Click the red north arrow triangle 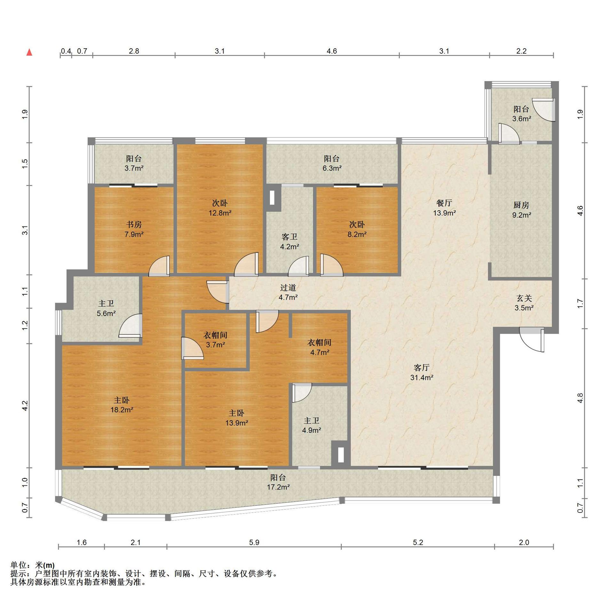tap(29, 52)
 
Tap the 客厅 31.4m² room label tap(422, 372)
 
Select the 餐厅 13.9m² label tap(444, 208)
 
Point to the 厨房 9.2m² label tap(522, 210)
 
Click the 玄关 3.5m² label tap(524, 303)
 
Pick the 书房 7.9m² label tap(134, 229)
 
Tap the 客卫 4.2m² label tap(289, 242)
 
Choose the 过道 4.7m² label tap(288, 292)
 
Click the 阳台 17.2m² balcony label tap(278, 482)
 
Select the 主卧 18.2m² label tap(122, 405)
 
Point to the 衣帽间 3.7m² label tap(215, 340)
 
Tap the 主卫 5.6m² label tap(106, 308)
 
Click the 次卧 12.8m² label tap(220, 208)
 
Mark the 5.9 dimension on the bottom tap(254, 542)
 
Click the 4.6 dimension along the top tap(332, 51)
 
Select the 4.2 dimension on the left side tap(25, 405)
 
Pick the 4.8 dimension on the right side tap(580, 398)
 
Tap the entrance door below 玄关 tap(532, 340)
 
